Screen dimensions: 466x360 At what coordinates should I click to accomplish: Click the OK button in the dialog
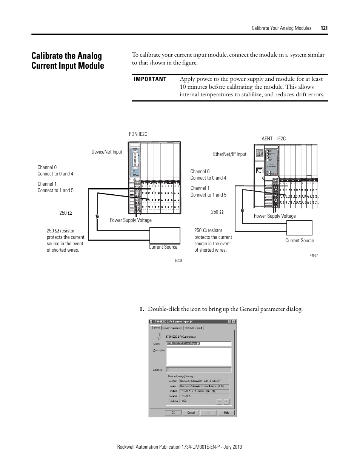173,412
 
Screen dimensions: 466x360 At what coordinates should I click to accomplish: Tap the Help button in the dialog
226,412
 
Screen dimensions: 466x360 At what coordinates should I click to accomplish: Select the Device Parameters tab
172,328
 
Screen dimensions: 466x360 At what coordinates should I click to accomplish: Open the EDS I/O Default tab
194,328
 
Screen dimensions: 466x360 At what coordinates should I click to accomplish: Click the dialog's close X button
234,322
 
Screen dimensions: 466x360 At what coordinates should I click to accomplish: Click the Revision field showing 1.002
192,401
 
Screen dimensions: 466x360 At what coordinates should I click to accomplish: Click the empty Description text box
198,356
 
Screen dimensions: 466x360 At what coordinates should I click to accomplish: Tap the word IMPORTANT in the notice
150,79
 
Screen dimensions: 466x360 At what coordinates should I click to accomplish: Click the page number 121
324,28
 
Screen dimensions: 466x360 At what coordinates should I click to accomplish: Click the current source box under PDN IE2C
165,236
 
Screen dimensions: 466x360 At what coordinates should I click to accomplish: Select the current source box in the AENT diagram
299,228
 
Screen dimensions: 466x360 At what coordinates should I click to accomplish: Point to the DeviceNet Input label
107,152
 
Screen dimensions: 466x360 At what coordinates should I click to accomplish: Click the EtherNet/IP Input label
229,154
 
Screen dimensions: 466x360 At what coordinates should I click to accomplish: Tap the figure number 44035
178,261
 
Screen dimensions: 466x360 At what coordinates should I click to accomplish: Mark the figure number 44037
314,255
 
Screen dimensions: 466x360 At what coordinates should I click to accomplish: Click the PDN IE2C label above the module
138,134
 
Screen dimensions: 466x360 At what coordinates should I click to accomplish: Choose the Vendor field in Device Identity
204,381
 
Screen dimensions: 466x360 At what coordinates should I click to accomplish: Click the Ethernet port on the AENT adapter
259,171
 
